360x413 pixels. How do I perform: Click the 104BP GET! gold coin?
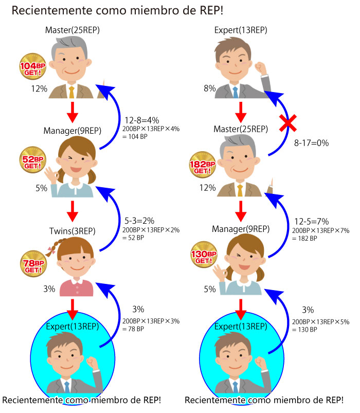pos(32,66)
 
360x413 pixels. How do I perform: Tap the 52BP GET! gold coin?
pos(32,160)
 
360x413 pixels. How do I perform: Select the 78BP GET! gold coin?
pos(33,264)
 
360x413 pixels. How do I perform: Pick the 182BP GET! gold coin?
pos(203,165)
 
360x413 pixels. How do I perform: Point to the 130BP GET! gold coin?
pos(204,255)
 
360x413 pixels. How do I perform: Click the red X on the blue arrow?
pos(288,123)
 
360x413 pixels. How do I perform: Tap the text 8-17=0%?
pos(311,143)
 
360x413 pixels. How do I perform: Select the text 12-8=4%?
pos(141,120)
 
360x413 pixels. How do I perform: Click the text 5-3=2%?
pos(139,221)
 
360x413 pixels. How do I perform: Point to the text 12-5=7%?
pos(311,221)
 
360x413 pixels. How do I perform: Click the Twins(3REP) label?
pos(73,231)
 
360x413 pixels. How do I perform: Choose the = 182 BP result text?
pos(304,238)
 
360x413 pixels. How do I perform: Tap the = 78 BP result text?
pos(133,329)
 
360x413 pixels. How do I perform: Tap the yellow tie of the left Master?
pos(71,92)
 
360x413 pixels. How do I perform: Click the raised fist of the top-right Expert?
pos(260,68)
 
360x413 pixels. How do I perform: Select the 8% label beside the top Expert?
pos(210,88)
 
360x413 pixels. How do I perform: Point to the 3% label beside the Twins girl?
pos(49,289)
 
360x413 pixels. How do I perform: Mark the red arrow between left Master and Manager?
pos(73,113)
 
